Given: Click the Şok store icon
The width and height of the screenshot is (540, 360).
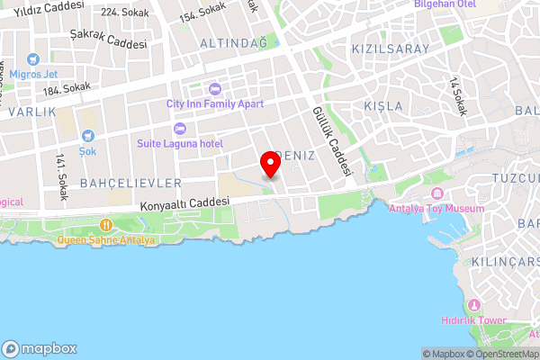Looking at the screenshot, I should [x=87, y=136].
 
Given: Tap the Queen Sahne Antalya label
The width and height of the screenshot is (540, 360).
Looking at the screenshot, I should [x=106, y=240].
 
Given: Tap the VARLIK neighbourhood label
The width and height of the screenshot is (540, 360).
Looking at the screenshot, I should [x=31, y=112].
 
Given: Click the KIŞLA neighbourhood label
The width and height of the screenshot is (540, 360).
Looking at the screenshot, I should [x=378, y=106].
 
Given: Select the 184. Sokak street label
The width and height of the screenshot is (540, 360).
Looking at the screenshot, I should [x=65, y=87].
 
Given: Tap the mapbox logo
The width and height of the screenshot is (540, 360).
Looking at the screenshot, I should [x=40, y=348].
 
